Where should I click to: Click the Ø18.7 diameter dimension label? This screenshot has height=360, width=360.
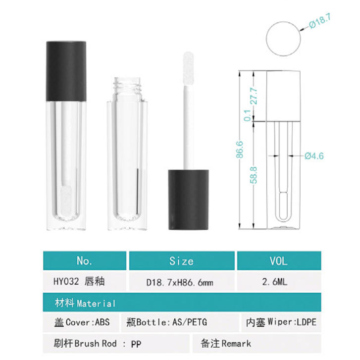319,21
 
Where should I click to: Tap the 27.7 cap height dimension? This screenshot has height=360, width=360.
255,96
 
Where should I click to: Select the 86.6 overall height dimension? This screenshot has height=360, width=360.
240,150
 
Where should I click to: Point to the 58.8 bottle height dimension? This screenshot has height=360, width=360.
254,175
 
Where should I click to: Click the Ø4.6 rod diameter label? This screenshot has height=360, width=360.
314,156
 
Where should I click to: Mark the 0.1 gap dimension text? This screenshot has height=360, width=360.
247,115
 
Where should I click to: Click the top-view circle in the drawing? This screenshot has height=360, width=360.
283,39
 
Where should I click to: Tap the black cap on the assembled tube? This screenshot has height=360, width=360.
66,71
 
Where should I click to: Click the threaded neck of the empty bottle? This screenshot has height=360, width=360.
127,84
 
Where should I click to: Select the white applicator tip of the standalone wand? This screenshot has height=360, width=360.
188,68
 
